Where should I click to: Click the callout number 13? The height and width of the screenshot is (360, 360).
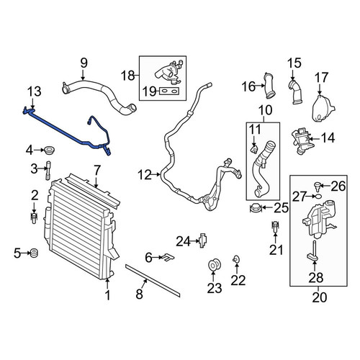coord(35,91)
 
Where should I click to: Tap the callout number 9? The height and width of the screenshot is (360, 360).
coord(84,63)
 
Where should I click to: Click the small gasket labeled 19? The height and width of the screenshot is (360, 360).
coord(169,91)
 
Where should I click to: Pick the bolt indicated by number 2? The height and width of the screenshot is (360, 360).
coord(35,217)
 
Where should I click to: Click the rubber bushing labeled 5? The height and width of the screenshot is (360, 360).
coord(35,253)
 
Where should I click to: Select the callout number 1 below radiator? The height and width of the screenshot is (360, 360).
coord(108,295)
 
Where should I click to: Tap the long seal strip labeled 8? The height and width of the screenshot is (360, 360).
coord(153,280)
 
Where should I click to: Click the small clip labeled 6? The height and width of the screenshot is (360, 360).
coord(168,257)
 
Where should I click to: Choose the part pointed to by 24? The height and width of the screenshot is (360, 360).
coord(203,240)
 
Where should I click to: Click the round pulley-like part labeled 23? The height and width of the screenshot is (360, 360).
coord(213,264)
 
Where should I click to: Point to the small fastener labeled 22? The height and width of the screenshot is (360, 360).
coord(236,259)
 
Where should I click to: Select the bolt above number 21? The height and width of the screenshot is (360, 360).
coord(275,227)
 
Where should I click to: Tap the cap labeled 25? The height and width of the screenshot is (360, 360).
coord(255,208)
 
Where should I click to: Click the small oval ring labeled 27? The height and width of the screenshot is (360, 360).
coord(318,197)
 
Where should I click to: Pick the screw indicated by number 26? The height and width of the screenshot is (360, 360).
coord(318,186)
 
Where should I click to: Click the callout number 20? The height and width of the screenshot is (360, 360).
coord(320,297)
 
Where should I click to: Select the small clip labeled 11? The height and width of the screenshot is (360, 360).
coord(254,149)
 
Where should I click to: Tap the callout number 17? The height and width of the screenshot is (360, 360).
coord(321,77)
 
